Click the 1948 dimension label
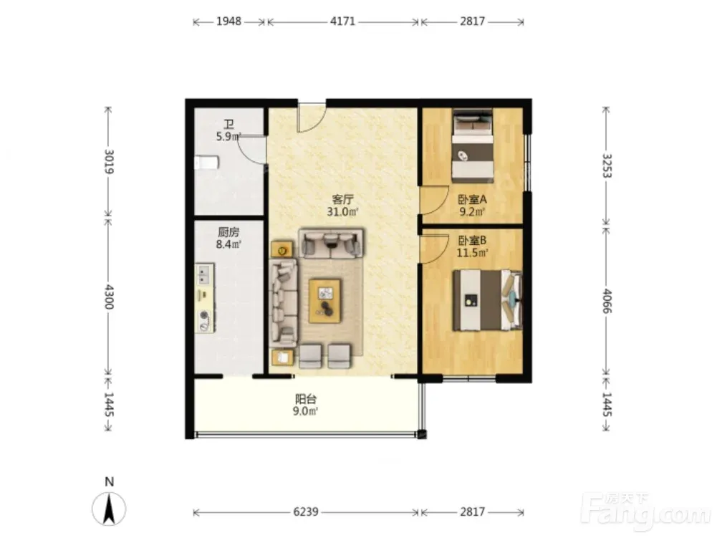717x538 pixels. click(228, 21)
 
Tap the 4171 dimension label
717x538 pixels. click(342, 21)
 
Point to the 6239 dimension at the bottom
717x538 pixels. click(305, 511)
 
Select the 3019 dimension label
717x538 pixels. click(109, 161)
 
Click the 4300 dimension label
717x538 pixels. click(109, 297)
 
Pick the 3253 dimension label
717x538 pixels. click(607, 165)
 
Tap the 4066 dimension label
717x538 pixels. click(607, 301)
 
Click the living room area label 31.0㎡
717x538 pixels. click(342, 212)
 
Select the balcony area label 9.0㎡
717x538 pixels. click(305, 411)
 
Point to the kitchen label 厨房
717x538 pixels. click(228, 232)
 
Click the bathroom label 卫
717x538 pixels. click(228, 125)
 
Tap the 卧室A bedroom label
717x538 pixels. click(472, 200)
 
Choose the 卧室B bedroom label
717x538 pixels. click(472, 240)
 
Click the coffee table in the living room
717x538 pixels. click(324, 301)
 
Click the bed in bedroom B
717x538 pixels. click(488, 300)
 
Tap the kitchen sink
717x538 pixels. click(204, 275)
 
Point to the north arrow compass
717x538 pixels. click(109, 508)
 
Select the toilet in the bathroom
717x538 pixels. click(207, 163)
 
